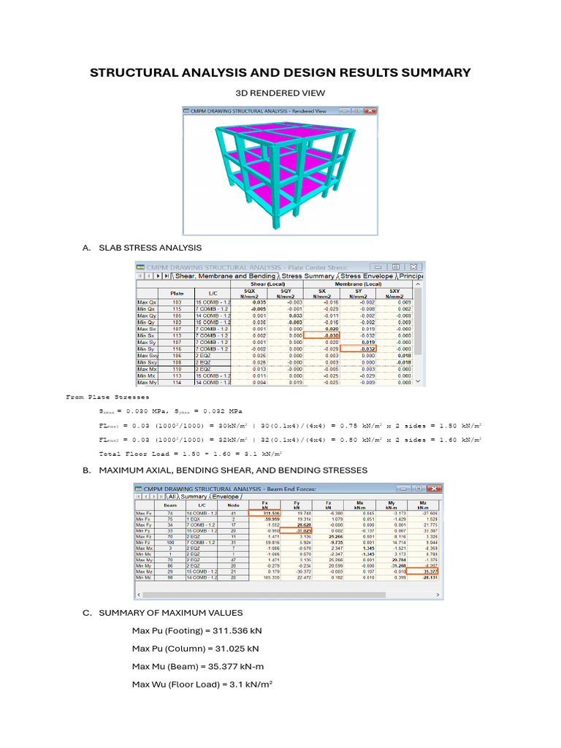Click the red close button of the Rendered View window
coord(370,111)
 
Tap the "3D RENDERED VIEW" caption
coord(280,93)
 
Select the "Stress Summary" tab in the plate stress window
coord(309,276)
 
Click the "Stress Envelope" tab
coord(367,276)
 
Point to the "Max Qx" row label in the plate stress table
coord(147,302)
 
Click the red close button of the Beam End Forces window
coord(435,487)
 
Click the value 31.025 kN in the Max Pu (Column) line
coord(236,648)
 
